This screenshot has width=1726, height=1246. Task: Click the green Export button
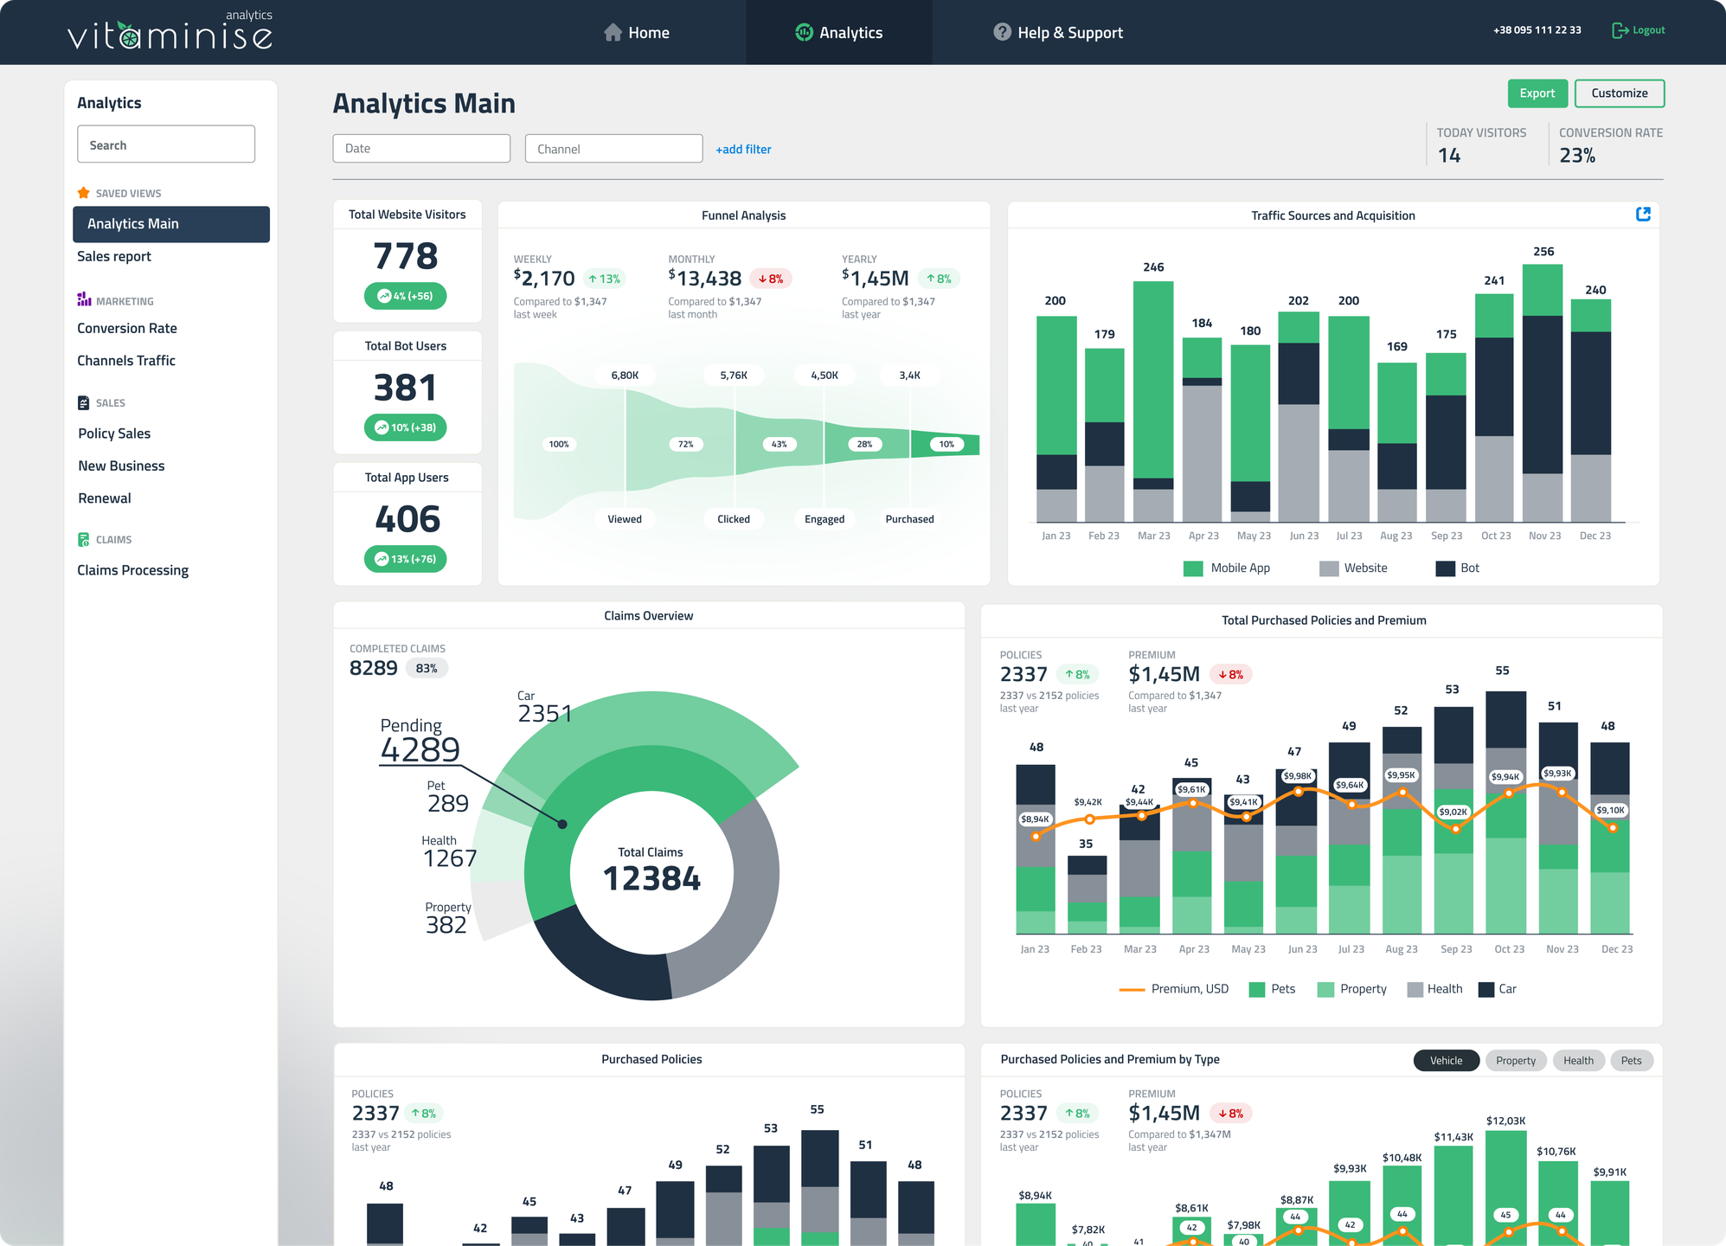1537,93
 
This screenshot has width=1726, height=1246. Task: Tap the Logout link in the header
1639,30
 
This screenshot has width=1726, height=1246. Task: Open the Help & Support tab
1058,33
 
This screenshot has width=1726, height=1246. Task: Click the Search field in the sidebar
166,145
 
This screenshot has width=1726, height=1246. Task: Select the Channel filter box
613,149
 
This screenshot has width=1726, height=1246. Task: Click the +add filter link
743,149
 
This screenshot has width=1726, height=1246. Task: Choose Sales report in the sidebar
114,256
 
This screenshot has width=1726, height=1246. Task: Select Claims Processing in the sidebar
132,570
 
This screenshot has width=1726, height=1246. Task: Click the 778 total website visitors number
406,256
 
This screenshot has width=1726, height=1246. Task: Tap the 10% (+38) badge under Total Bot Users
406,427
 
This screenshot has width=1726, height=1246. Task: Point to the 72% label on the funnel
685,444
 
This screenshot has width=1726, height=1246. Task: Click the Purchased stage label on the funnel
909,519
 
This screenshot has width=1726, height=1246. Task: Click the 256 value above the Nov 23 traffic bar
1543,252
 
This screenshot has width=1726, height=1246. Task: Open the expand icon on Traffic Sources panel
1643,215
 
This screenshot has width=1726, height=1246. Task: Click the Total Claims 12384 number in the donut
651,879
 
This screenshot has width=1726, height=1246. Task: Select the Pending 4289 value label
420,749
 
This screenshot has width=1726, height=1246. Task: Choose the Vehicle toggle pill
1446,1061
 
